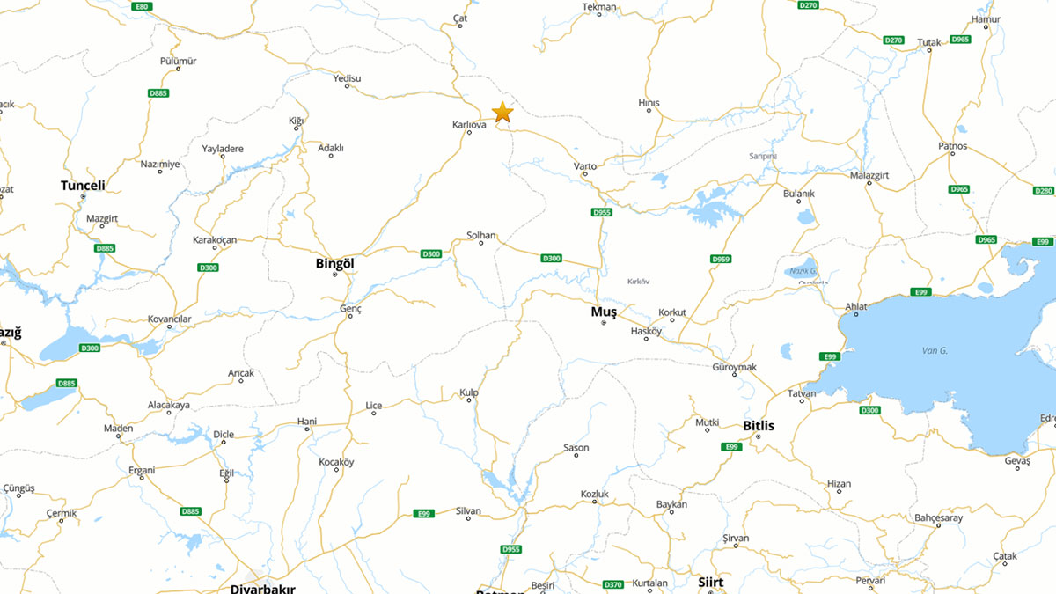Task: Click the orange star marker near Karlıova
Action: (502, 112)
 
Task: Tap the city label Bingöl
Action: (334, 263)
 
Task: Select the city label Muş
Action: (603, 312)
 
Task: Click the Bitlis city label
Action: (759, 426)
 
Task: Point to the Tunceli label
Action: (83, 186)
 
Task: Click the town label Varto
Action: (585, 166)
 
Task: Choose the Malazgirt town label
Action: (869, 175)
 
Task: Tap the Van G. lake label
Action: (935, 351)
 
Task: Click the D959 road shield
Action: (721, 259)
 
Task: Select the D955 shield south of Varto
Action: (602, 212)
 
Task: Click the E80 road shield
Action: (141, 6)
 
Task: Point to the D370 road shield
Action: (613, 584)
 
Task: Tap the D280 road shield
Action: (1044, 191)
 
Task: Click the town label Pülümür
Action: (178, 61)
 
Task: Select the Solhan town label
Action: (481, 235)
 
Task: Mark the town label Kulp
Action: (469, 392)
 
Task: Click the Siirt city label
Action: (710, 583)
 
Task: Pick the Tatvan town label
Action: (802, 393)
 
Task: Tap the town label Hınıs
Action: (649, 103)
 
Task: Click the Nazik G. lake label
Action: (803, 271)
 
